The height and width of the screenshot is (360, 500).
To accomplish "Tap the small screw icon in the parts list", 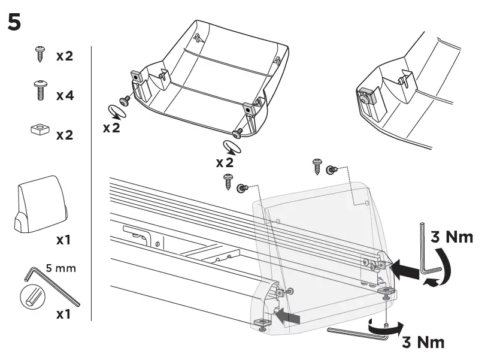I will pos(40,56).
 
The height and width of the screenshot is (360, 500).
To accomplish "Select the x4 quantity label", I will pos(65,95).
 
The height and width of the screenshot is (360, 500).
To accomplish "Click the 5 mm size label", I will pos(61,268).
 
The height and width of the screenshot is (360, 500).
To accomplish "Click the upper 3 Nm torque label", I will pos(451,237).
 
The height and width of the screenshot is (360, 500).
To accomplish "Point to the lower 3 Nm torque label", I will pos(423,342).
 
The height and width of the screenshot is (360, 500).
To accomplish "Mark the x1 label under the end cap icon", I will pos(63,240).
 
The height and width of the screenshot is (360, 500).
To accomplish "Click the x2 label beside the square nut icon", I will pos(65,135).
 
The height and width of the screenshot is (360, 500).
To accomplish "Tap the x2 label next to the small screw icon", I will pos(65,56).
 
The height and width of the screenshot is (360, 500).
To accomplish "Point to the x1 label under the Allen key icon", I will pos(63,313).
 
